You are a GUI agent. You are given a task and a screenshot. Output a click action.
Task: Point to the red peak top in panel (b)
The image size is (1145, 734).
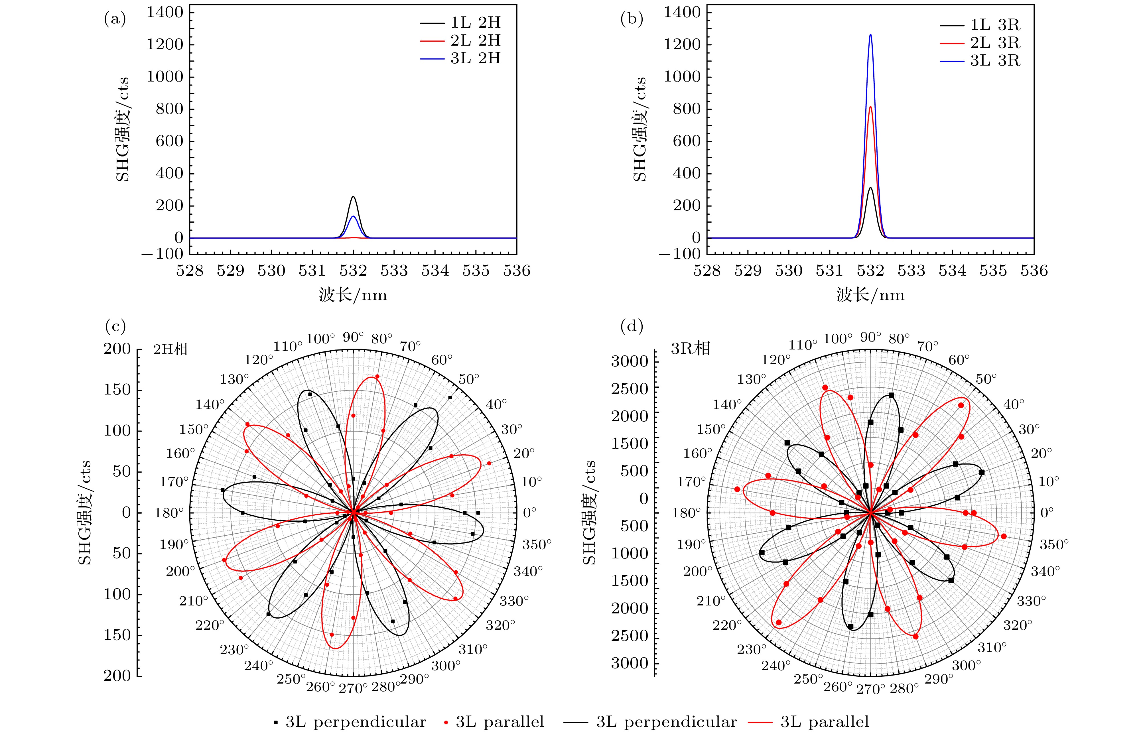[x=870, y=107]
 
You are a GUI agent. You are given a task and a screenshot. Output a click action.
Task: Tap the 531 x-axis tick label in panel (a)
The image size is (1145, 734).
[x=312, y=271]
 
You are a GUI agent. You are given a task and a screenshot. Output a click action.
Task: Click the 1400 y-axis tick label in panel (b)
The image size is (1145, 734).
[x=682, y=12]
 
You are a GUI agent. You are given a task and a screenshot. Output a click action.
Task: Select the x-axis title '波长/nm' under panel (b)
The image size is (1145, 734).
[x=870, y=295]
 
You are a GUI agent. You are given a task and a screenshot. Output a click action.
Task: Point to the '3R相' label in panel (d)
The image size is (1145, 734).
[x=690, y=348]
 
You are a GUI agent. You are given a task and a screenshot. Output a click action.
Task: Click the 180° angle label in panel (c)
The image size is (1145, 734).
[x=169, y=513]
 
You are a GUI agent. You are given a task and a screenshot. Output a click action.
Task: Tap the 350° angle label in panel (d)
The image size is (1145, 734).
[x=1054, y=544]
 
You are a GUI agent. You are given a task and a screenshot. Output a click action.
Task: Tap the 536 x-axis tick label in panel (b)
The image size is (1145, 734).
[x=1034, y=271]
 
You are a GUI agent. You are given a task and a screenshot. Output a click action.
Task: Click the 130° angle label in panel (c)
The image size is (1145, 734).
[x=234, y=379]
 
